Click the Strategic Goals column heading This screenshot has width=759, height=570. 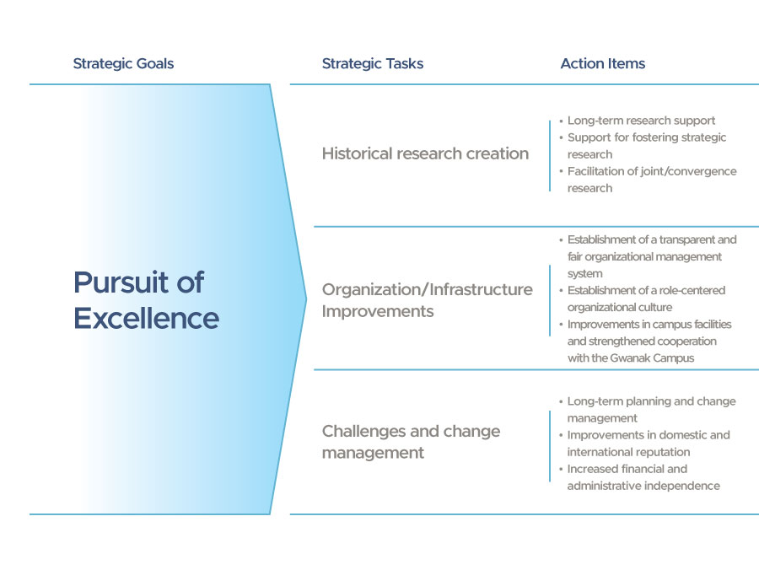123,64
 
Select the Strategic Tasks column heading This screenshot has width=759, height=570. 373,64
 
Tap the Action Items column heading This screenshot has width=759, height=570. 603,63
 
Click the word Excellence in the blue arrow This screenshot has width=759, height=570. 146,319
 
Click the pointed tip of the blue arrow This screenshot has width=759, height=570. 306,299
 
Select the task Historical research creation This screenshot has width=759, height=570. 426,153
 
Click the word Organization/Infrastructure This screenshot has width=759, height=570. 428,289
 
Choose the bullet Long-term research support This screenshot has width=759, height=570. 642,121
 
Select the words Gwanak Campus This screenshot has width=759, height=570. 652,358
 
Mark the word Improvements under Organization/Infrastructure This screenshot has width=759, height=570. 378,311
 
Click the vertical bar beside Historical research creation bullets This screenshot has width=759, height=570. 550,156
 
